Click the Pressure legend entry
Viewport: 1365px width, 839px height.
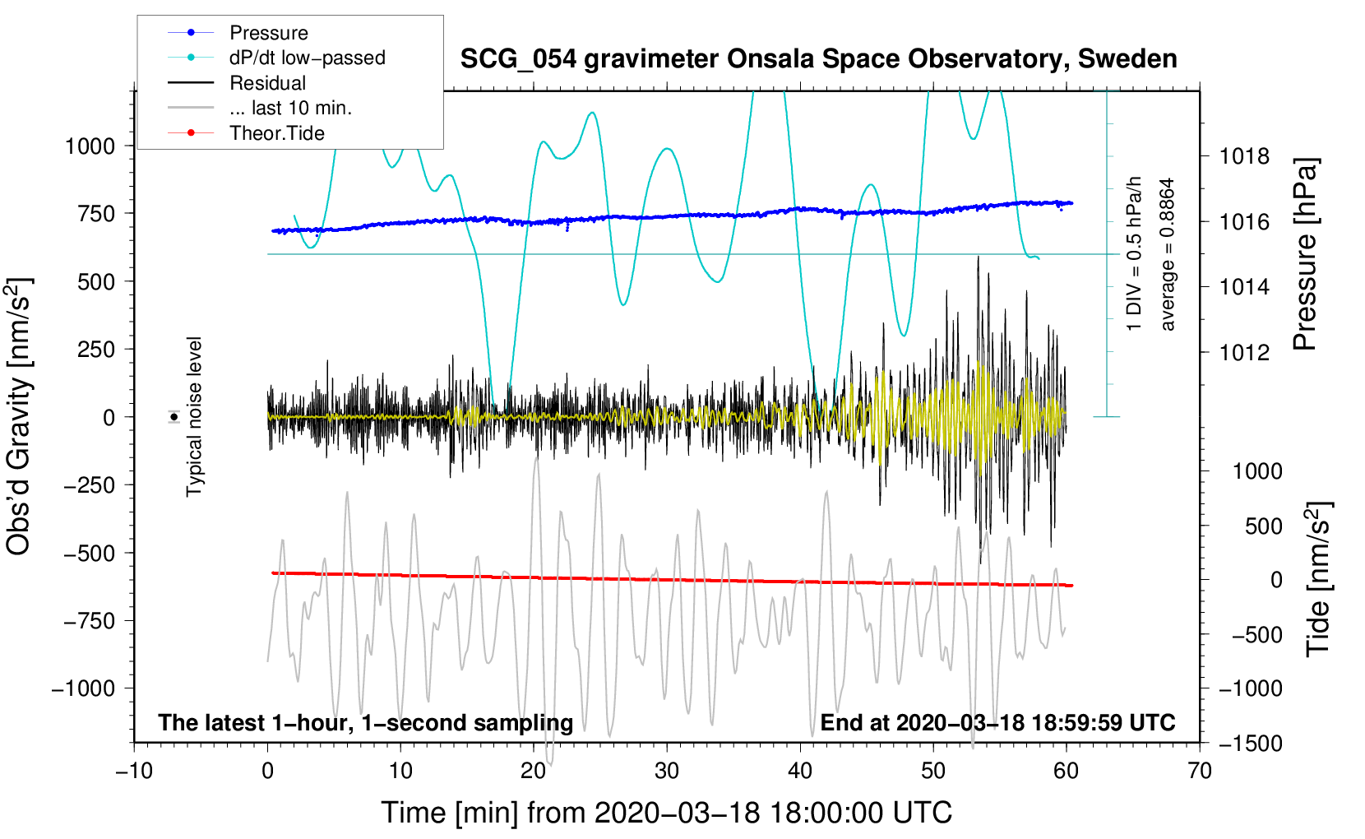coord(268,33)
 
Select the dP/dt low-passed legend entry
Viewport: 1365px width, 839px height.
coord(307,58)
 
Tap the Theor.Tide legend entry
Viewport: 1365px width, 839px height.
coord(276,133)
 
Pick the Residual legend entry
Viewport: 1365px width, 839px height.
coord(267,83)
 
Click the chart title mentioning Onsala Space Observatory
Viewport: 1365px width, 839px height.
coord(818,59)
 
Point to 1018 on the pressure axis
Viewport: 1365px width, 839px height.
coord(1244,156)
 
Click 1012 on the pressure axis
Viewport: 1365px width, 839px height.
coord(1244,353)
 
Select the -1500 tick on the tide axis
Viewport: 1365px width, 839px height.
coord(1251,744)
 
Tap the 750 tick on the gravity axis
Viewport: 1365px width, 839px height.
coord(97,213)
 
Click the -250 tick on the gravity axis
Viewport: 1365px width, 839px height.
coord(90,485)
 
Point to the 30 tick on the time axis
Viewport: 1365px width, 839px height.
coord(667,772)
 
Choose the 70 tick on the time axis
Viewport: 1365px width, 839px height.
coord(1200,772)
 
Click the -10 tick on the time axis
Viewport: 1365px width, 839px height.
coord(134,772)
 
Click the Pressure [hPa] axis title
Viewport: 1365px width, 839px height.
coord(1305,255)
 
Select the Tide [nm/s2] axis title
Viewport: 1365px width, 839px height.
coord(1318,578)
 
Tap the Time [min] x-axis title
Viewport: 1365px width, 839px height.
coord(666,813)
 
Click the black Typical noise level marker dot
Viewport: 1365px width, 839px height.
coord(174,417)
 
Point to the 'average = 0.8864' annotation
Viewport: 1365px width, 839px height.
coord(1168,255)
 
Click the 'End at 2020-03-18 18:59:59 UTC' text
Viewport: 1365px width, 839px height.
coord(997,723)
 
